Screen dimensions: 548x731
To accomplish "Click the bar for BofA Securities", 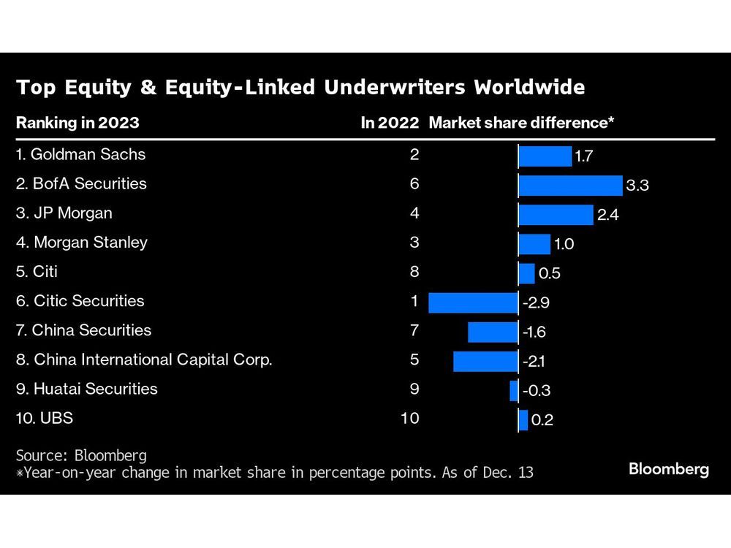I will pos(570,185).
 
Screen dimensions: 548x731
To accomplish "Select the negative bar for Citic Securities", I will pos(473,302).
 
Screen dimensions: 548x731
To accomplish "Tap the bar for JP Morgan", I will pos(556,215).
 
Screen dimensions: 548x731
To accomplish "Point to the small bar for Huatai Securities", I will pos(514,390).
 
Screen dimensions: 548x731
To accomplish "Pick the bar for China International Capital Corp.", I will pos(485,361).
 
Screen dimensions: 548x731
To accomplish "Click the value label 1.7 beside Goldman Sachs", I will pos(584,156).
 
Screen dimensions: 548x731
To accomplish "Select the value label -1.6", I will pos(534,332).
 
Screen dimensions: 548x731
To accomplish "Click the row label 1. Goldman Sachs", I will pos(80,155).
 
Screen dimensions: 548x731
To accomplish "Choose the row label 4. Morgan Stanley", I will pos(81,243).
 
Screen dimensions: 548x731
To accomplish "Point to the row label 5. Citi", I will pos(37,272).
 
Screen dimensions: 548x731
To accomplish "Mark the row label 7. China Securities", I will pos(83,330).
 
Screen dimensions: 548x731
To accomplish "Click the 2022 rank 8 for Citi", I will pos(414,272).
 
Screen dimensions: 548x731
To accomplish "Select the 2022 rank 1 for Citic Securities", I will pos(414,301).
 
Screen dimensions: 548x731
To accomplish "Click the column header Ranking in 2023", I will pos(77,123).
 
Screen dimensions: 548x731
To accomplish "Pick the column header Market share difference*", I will pos(520,123).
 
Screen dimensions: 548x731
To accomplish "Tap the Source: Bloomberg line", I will pos(81,456).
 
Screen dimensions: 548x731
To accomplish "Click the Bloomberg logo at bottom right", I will pos(668,470).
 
